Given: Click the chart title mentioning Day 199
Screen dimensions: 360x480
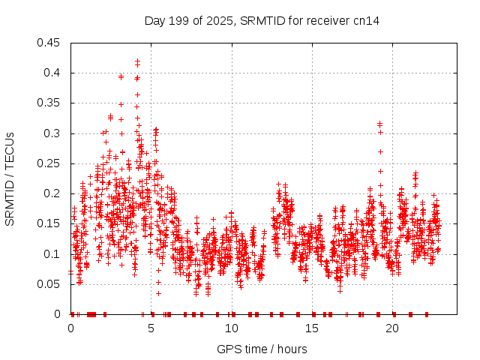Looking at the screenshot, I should (262, 20).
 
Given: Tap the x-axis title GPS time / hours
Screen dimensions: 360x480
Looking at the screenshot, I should (262, 349).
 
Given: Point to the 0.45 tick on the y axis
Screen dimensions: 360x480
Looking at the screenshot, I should (50, 43).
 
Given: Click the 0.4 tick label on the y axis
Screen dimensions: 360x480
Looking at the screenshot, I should (53, 73).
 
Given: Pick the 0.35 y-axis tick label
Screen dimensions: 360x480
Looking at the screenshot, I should (50, 103).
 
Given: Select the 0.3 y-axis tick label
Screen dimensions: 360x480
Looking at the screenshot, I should (53, 133).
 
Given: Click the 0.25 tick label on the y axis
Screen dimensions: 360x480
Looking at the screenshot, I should (50, 163).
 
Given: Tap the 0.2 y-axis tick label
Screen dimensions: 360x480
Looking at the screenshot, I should (53, 193).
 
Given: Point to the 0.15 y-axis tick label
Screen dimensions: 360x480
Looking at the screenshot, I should (50, 224).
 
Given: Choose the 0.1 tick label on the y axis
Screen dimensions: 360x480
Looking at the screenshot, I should (53, 254).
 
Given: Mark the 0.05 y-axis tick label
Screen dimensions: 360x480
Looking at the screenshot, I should (50, 284).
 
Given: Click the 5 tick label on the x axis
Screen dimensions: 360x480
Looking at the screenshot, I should (151, 328).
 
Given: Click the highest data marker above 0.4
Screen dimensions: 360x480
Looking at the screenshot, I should (137, 61).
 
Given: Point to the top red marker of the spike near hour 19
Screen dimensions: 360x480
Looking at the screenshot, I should (379, 124).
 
